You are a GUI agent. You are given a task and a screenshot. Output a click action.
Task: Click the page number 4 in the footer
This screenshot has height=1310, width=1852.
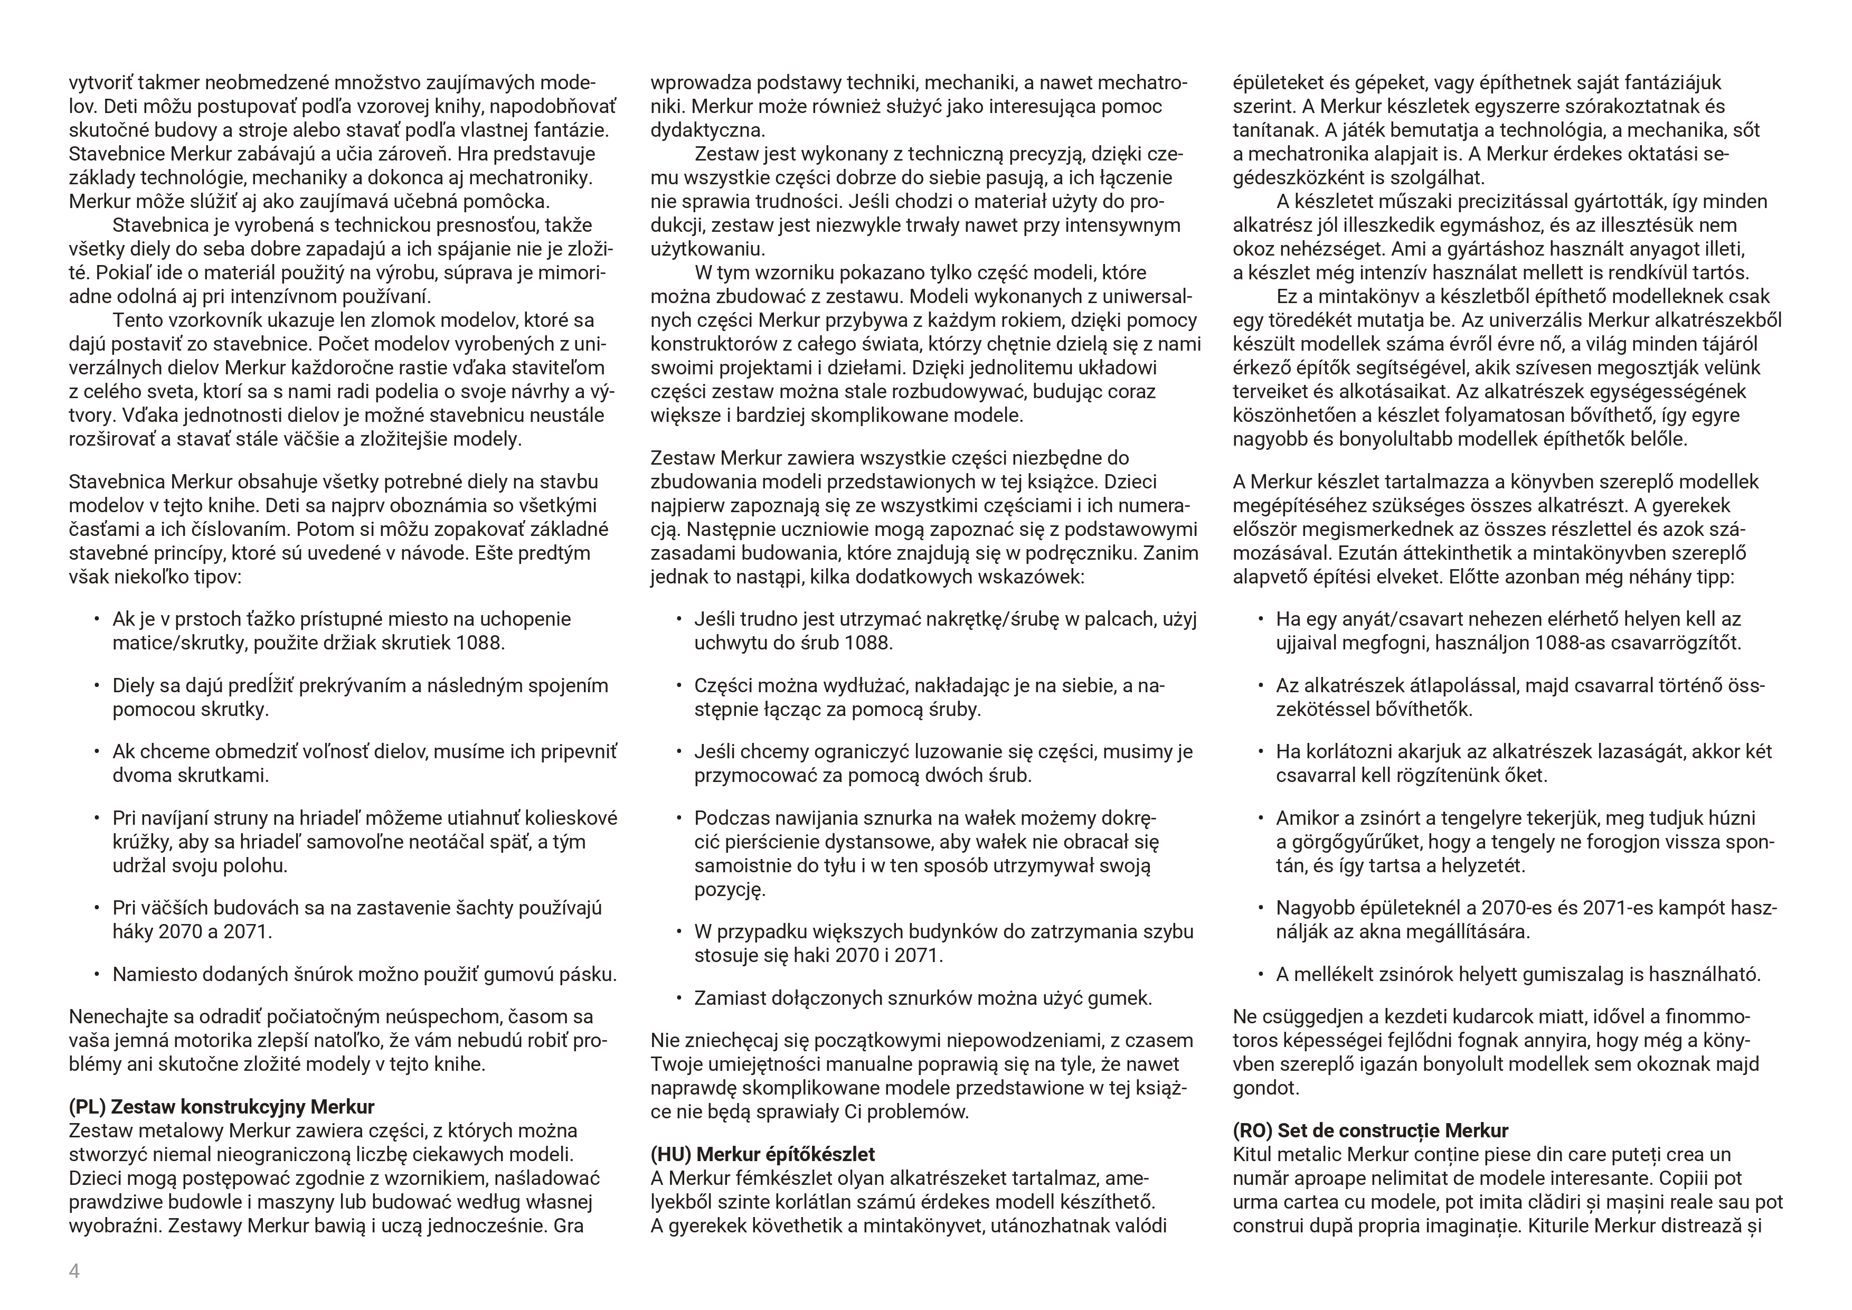74,1271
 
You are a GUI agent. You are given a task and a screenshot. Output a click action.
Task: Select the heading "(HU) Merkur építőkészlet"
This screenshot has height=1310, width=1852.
762,1154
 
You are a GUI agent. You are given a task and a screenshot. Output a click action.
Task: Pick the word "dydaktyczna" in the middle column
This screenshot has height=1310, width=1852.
707,130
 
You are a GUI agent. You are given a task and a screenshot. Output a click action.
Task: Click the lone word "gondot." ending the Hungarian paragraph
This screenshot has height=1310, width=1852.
1265,1088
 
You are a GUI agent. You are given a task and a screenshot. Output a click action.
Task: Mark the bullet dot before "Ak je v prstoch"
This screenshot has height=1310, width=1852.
96,619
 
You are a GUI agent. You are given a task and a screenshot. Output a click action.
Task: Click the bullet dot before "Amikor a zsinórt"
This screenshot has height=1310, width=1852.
1260,818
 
